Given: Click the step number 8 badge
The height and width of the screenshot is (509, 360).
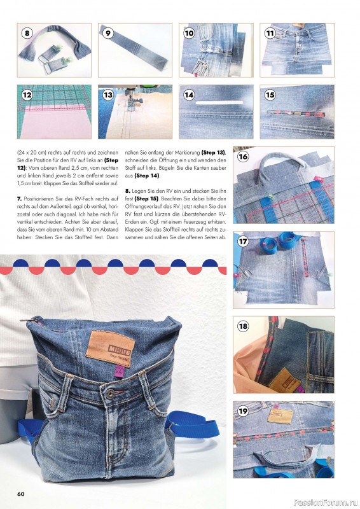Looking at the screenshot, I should point(27,33).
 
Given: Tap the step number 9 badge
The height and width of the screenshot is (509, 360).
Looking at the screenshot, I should point(108,33).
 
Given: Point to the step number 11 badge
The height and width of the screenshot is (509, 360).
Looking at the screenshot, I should point(270,33).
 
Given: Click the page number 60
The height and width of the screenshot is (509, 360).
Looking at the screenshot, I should point(21,494).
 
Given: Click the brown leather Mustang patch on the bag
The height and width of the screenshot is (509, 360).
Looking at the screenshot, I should point(103,347).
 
